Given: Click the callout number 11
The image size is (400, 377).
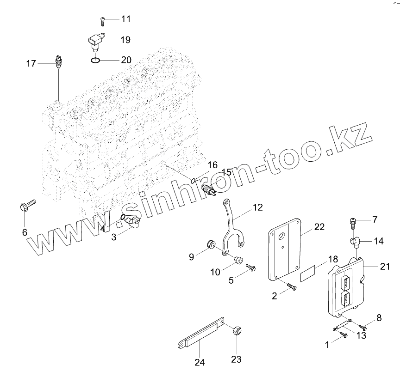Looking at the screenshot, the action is [126, 19].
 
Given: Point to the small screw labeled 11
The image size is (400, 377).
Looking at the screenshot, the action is [102, 20].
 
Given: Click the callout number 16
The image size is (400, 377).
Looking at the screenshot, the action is [212, 165].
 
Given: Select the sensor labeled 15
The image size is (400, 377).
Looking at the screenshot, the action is [209, 189].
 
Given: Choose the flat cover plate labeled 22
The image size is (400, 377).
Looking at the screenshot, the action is [285, 249].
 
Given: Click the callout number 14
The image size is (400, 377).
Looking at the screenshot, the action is [379, 241].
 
